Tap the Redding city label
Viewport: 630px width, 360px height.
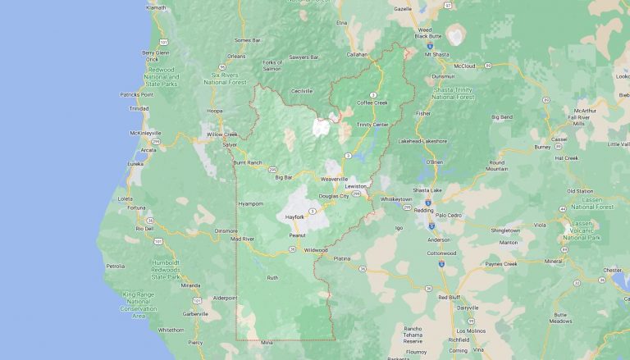click(x=424, y=209)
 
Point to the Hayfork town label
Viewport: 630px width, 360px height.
click(x=294, y=216)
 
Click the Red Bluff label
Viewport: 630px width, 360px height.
click(x=450, y=296)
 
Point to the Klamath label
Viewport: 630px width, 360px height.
click(x=156, y=7)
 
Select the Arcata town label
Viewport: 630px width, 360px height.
click(x=148, y=150)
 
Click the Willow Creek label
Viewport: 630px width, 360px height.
click(x=221, y=134)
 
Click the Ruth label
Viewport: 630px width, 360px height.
click(x=273, y=278)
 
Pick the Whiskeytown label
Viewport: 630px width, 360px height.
click(x=395, y=198)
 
